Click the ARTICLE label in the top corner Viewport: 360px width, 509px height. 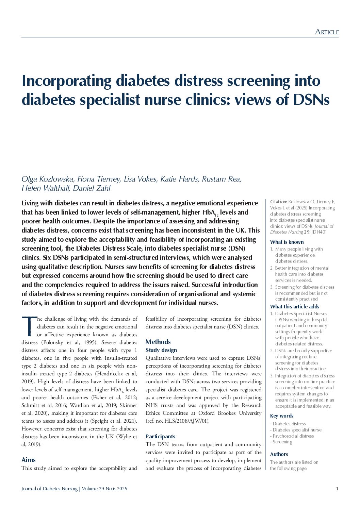click(327, 32)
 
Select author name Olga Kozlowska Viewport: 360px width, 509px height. click(47, 179)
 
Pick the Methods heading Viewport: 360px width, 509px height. click(158, 342)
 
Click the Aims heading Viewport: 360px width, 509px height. click(29, 460)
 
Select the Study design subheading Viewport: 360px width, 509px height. click(161, 350)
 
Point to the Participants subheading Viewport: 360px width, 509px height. click(160, 436)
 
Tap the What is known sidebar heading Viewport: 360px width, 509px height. click(287, 242)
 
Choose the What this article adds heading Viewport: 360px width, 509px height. click(295, 306)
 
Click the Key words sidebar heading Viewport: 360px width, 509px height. click(281, 415)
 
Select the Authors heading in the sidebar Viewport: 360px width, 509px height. click(279, 454)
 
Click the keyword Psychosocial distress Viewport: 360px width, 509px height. click(293, 436)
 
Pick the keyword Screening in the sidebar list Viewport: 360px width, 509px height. click(282, 442)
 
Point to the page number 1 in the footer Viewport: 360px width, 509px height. click(337, 489)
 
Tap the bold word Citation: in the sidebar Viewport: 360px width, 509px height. click(279, 202)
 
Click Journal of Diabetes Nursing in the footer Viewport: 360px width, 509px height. click(49, 489)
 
